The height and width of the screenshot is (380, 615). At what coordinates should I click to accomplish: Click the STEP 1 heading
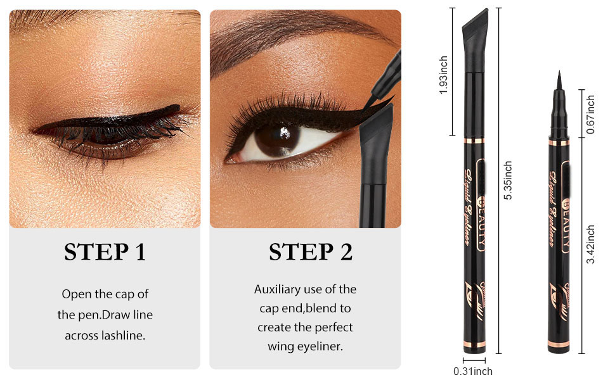pyautogui.click(x=105, y=252)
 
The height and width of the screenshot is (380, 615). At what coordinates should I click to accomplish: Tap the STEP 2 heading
pyautogui.click(x=310, y=252)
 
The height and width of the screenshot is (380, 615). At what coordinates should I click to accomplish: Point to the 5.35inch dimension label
pyautogui.click(x=507, y=180)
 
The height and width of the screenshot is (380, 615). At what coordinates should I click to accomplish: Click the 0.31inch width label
pyautogui.click(x=473, y=372)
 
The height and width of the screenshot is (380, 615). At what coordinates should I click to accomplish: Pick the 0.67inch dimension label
pyautogui.click(x=590, y=114)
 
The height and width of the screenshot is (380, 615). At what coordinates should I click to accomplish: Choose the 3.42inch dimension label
pyautogui.click(x=590, y=245)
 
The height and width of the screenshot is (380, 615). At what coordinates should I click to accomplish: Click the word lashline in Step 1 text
pyautogui.click(x=124, y=336)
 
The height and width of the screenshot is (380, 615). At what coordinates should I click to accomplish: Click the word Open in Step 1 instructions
pyautogui.click(x=75, y=294)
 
